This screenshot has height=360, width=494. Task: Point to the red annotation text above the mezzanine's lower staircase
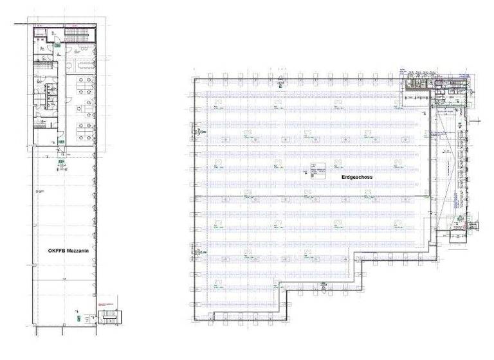(105, 303)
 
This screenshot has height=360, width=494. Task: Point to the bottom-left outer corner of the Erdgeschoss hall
(194, 322)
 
